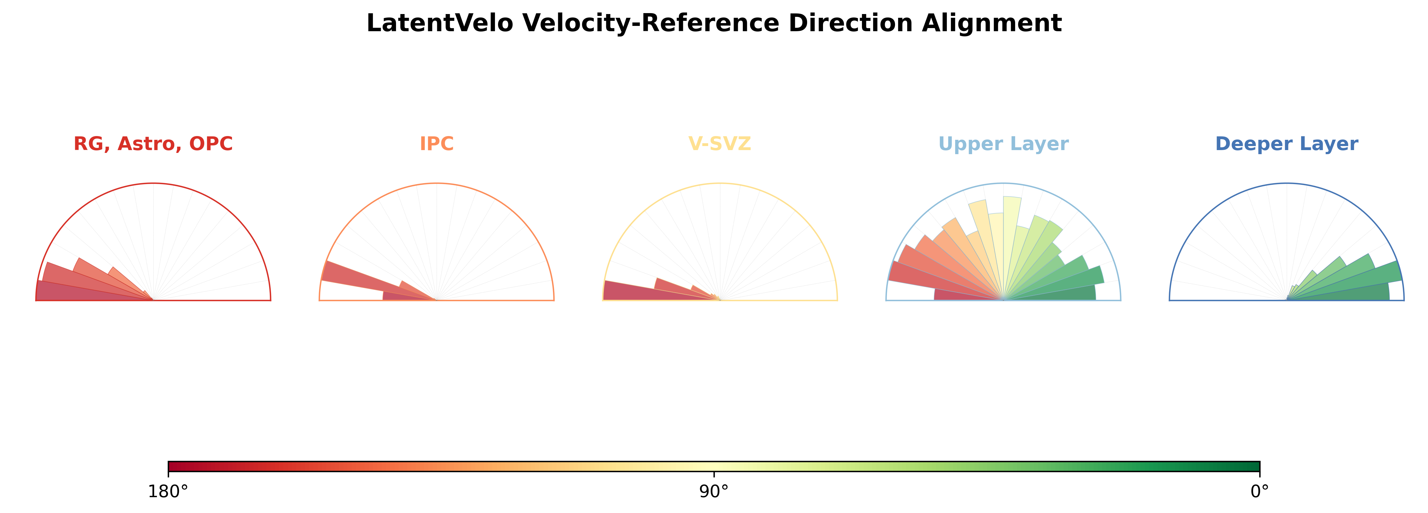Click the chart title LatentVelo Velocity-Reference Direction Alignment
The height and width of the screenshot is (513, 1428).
tap(714, 23)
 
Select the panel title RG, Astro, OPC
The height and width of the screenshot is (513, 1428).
tap(153, 144)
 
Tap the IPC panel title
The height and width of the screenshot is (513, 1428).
tap(437, 144)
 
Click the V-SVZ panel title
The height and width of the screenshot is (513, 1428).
tap(719, 144)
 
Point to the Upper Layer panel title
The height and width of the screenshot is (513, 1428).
tap(1003, 144)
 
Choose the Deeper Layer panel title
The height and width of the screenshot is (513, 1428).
tap(1287, 144)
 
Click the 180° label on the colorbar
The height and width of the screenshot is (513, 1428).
tap(168, 492)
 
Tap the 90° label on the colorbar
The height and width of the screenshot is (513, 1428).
tap(714, 492)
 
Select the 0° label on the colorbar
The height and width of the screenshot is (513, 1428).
tap(1260, 492)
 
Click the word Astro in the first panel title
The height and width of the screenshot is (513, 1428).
tap(150, 144)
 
